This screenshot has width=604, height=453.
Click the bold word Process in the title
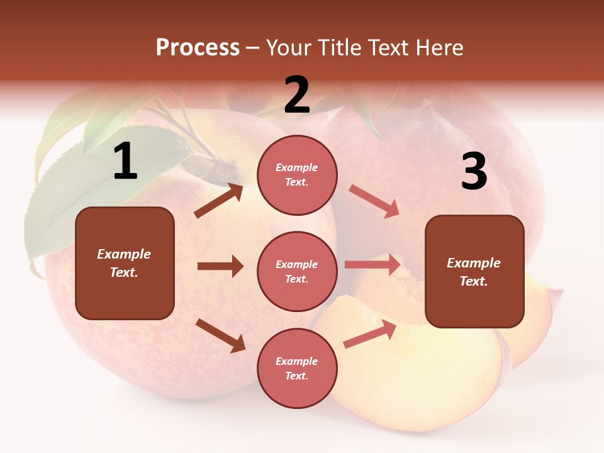point(198,48)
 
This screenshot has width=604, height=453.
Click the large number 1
point(125,162)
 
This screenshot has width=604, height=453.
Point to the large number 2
point(297,95)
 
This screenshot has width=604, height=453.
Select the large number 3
point(474,172)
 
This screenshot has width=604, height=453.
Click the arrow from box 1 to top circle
point(219,200)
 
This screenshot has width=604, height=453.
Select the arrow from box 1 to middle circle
point(220,266)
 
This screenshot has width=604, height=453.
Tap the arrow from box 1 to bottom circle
point(220,335)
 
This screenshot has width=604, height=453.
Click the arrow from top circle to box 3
point(374,201)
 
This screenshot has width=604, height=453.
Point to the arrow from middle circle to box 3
point(372,265)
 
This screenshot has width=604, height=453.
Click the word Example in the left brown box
point(124,254)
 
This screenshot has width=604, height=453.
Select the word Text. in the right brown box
point(474,281)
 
